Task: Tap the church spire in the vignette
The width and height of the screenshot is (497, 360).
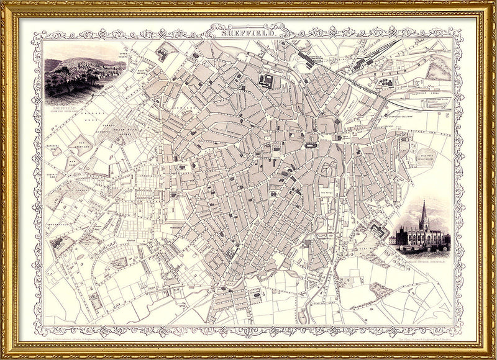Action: coord(424,214)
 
